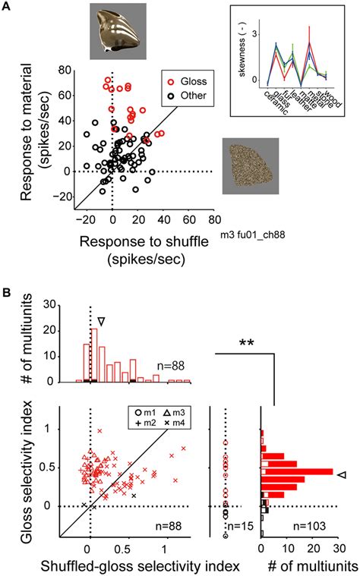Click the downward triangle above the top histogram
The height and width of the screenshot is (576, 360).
click(100, 322)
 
